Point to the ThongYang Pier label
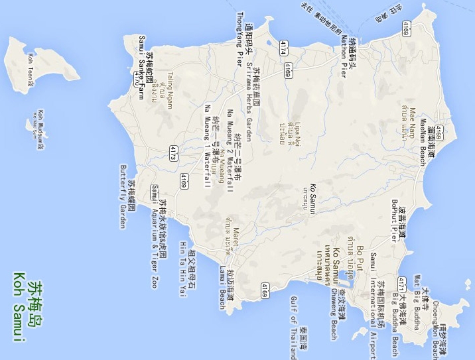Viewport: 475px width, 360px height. (240, 40)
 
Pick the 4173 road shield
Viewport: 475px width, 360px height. (172, 153)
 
